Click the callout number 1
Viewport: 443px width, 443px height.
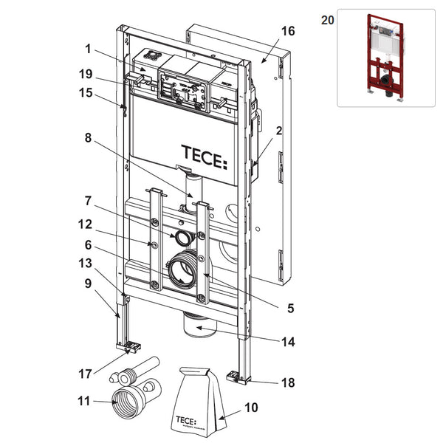tap(88, 49)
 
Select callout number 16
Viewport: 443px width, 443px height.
tap(288, 31)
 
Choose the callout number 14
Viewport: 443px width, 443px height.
tap(287, 342)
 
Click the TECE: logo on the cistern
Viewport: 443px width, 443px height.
tap(205, 157)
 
